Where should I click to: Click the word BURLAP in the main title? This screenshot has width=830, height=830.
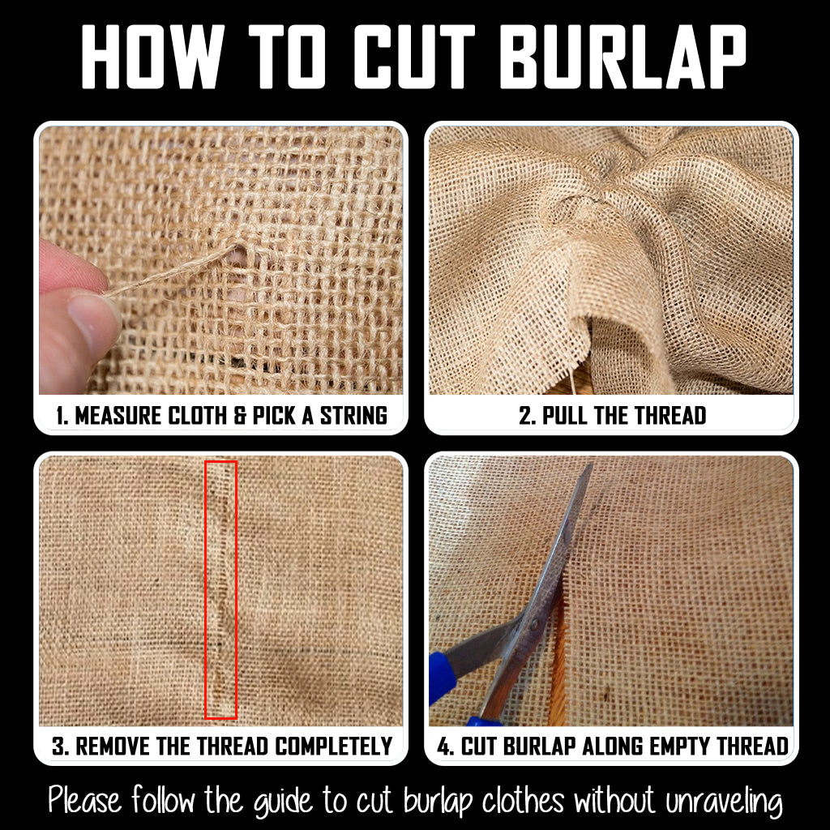[x=623, y=57]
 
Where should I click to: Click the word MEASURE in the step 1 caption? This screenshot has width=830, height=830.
[x=118, y=416]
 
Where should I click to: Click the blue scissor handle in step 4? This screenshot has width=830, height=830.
[x=443, y=678]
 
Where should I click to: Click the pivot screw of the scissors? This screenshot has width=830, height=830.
[x=534, y=624]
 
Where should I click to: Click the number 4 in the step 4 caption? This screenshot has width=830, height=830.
[x=443, y=747]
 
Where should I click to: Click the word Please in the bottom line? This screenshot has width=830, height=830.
[x=84, y=800]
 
